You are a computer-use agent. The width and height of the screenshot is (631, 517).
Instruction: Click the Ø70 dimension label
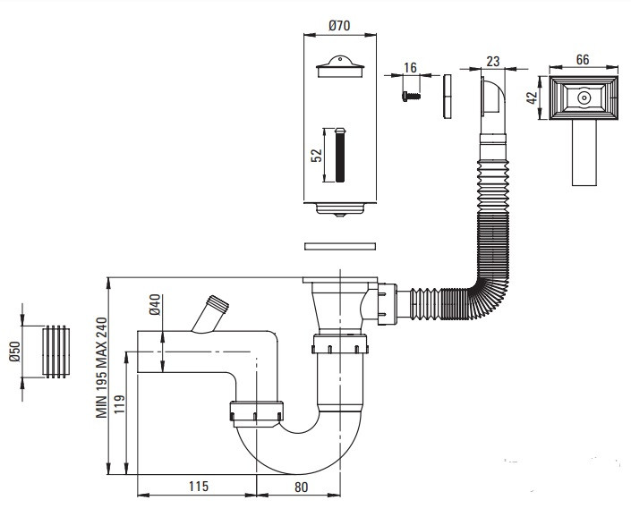click(339, 26)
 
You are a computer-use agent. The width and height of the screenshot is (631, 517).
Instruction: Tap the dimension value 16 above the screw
click(410, 68)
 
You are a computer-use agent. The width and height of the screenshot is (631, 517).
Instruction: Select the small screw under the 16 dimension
click(412, 96)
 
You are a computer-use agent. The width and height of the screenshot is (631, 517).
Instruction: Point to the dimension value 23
click(493, 62)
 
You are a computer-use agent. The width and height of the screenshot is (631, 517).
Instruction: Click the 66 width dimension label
click(583, 60)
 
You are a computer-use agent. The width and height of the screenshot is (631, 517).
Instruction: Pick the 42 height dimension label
click(532, 97)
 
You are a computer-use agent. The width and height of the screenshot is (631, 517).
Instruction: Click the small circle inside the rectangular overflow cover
click(583, 97)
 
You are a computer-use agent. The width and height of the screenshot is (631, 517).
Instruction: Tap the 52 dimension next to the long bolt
click(317, 155)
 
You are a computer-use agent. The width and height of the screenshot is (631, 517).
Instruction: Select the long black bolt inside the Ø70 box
click(340, 155)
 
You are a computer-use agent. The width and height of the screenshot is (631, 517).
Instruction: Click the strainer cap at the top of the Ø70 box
click(340, 67)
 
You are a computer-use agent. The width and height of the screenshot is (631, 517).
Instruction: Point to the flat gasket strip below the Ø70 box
click(340, 246)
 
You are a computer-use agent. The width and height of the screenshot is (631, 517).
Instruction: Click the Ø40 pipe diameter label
click(155, 305)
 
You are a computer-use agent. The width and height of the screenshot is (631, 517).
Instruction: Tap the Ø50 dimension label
click(15, 352)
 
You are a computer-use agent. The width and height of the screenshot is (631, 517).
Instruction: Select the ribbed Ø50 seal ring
click(55, 352)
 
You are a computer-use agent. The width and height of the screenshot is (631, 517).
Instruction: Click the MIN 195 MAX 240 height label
click(101, 368)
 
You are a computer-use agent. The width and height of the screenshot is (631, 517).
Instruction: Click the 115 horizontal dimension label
click(199, 487)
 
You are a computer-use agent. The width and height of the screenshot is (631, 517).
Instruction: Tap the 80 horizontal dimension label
click(301, 487)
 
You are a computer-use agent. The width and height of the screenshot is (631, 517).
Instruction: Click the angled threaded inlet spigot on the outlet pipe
click(210, 314)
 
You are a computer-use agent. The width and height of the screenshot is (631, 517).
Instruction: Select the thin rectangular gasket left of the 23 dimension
click(448, 97)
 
